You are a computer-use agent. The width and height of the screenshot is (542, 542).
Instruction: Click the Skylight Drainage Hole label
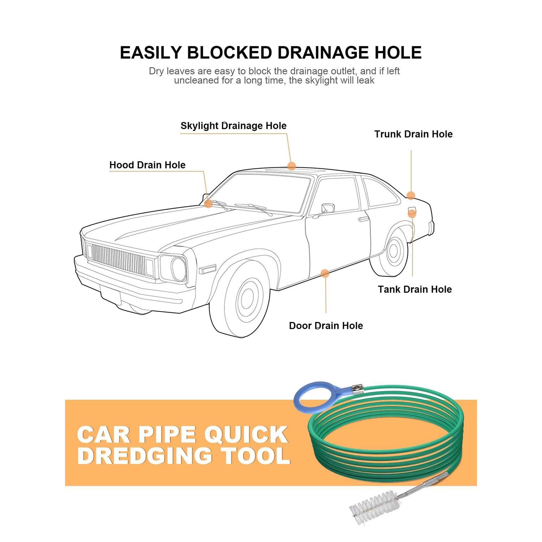pos(233,126)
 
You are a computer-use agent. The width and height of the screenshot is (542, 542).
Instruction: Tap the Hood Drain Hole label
pos(147,165)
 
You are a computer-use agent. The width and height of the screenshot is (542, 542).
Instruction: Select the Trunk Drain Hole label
pos(413,134)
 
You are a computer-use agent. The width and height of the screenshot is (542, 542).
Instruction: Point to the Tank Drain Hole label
pos(415,289)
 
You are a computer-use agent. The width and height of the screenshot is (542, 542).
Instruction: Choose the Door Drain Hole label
pos(326,326)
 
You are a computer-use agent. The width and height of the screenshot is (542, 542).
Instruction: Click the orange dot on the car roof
pos(292,166)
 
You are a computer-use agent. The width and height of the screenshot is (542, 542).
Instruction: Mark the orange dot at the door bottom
pos(325,274)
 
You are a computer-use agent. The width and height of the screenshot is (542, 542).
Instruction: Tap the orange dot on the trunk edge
pos(411,195)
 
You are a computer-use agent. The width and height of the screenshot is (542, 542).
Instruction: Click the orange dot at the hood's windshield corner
pos(208,204)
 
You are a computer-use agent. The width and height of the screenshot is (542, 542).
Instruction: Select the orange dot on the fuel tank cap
pos(412,214)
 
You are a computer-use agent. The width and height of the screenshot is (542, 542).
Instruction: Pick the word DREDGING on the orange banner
pos(145,456)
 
